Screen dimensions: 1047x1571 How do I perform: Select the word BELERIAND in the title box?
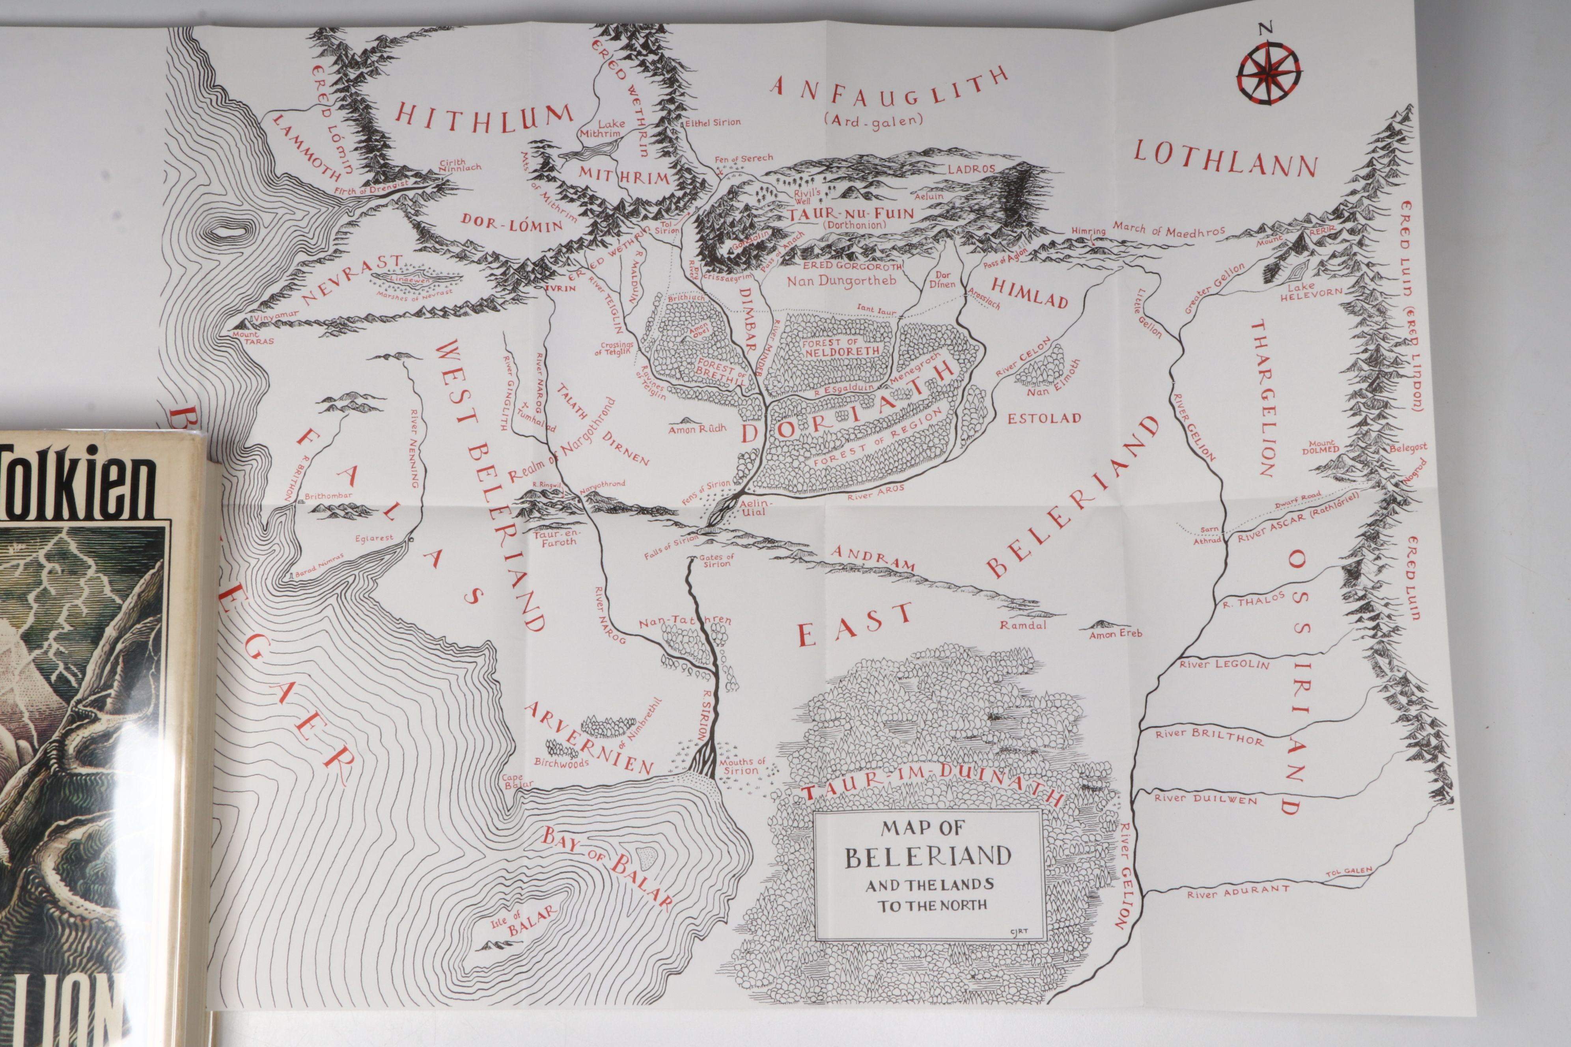928,857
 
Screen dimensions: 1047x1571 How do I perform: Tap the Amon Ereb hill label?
1116,633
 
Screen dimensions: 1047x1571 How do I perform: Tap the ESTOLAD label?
1044,419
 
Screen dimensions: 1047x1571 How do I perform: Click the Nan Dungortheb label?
841,280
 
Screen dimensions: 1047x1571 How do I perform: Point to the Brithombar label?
328,496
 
